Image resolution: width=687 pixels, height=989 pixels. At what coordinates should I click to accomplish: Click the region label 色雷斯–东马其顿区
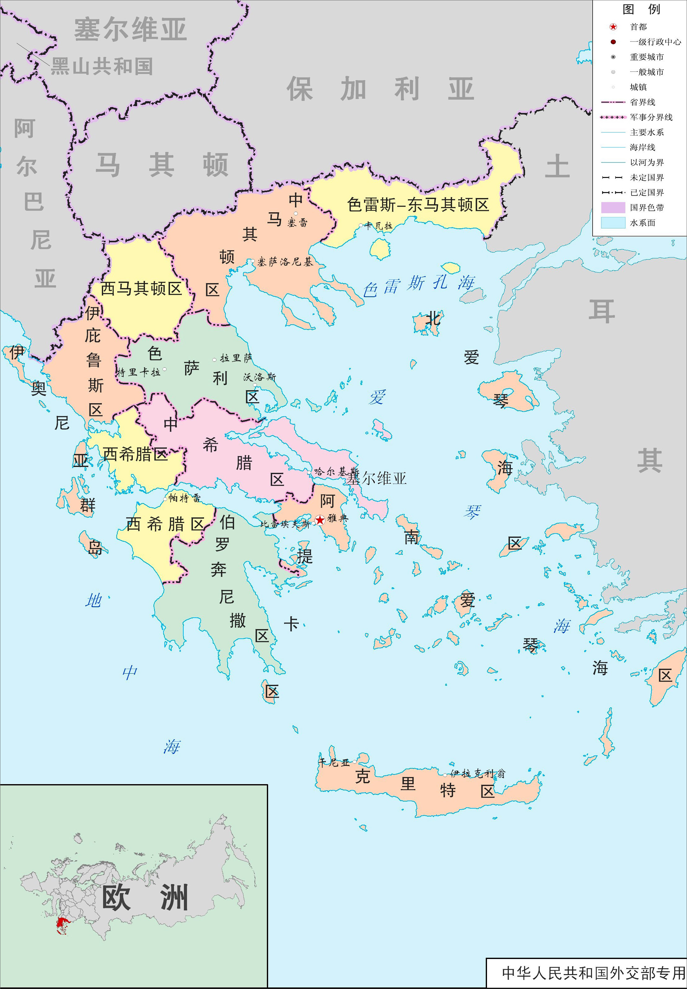418,205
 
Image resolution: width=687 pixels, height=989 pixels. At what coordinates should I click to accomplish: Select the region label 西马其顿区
141,289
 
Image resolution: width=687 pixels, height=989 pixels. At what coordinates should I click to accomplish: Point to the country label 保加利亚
380,89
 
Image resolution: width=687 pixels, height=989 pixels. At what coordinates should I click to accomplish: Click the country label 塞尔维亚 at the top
130,29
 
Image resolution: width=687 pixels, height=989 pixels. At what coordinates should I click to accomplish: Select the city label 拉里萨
236,358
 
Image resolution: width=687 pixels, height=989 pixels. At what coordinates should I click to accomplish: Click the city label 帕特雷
184,498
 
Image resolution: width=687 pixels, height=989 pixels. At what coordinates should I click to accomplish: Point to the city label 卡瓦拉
379,225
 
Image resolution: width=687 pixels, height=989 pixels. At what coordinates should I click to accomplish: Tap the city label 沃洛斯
259,377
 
